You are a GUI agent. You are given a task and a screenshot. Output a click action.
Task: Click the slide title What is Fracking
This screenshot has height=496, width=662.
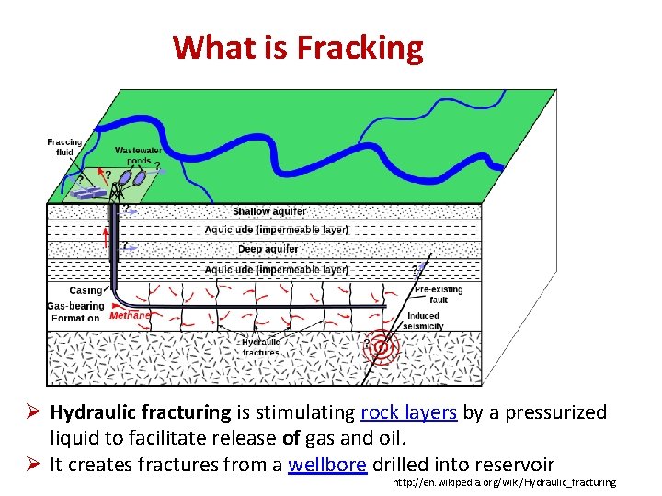click(298, 47)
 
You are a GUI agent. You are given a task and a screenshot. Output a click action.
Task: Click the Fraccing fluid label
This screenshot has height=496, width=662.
click(64, 147)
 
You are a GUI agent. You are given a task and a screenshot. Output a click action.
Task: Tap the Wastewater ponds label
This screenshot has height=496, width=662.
click(134, 155)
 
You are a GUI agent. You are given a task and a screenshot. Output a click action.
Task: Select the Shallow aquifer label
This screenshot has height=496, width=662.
click(269, 211)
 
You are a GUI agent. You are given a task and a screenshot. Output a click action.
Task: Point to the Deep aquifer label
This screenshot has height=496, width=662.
click(268, 249)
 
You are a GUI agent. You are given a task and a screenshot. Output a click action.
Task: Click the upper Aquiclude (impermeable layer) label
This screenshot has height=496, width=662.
click(276, 230)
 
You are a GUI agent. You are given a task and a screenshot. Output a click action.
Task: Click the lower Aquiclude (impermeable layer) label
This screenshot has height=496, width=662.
click(276, 270)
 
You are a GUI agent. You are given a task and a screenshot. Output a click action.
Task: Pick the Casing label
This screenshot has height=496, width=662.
click(86, 291)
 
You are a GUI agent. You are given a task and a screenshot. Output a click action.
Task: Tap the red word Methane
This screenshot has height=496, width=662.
click(130, 315)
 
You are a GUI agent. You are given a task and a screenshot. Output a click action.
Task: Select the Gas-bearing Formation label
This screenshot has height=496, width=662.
click(75, 312)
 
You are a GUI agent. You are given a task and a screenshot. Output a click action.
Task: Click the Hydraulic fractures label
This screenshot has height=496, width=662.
click(261, 347)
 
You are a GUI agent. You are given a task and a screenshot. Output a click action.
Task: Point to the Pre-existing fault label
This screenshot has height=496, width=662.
click(438, 294)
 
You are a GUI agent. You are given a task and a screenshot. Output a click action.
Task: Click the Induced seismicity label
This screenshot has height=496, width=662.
click(425, 321)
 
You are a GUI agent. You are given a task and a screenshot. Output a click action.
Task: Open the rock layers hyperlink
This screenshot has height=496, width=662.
click(409, 412)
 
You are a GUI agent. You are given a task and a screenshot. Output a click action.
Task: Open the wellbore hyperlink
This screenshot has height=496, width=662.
click(327, 464)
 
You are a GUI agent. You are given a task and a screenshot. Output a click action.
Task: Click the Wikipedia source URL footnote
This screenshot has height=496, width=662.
click(503, 483)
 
